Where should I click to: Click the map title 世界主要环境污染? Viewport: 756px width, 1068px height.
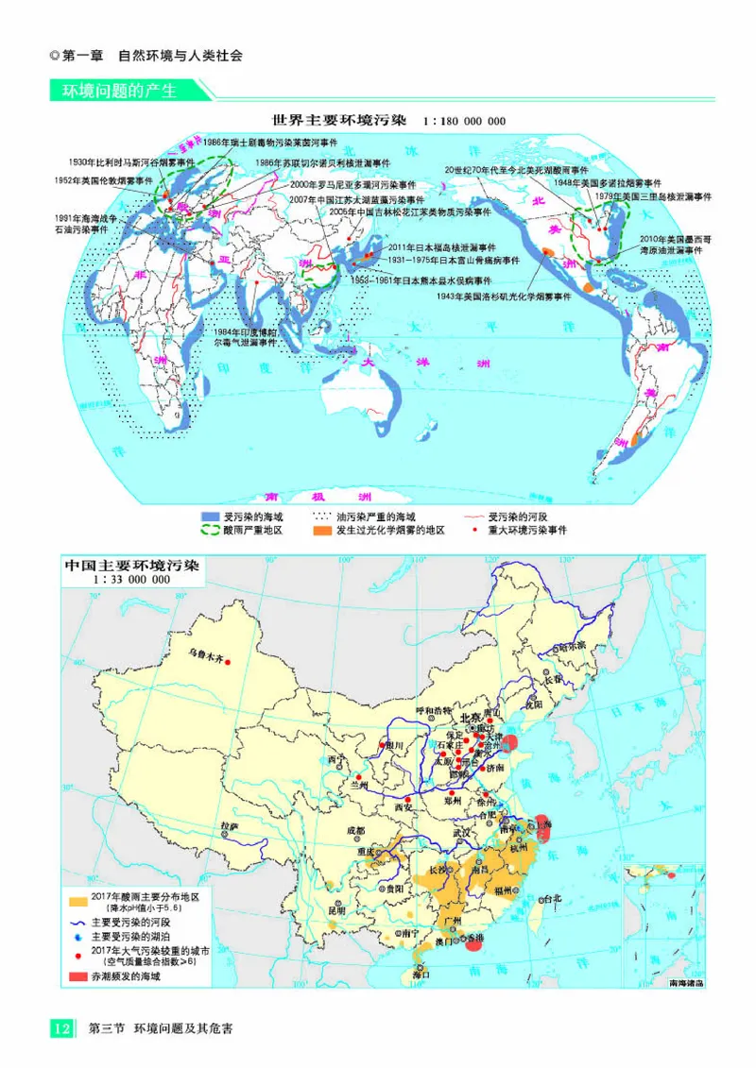[x=338, y=121]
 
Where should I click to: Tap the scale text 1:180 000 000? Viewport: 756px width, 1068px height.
[x=465, y=122]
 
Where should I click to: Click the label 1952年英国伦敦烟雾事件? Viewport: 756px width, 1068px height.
[x=103, y=178]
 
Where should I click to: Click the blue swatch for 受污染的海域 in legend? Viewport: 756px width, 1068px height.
[x=209, y=517]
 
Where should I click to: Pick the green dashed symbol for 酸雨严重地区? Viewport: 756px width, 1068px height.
[x=209, y=531]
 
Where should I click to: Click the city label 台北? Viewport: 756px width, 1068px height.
[x=549, y=898]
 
